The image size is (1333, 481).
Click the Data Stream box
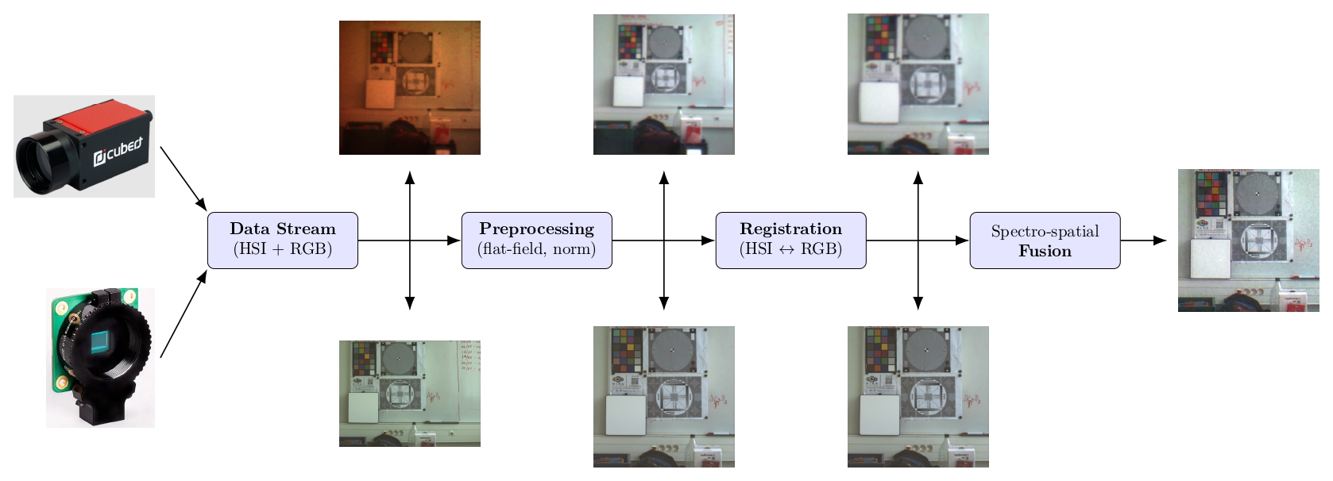click(x=283, y=240)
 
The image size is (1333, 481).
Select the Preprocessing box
click(x=536, y=240)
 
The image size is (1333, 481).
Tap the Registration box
click(x=790, y=240)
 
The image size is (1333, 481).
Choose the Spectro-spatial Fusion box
click(x=1045, y=240)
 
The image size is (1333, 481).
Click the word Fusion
click(x=1045, y=251)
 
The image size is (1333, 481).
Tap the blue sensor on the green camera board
click(x=101, y=341)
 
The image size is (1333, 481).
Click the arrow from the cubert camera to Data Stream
click(x=183, y=177)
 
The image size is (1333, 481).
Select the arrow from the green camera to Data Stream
click(x=183, y=314)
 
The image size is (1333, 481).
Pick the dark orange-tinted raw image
click(x=409, y=87)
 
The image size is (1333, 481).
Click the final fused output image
click(x=1248, y=240)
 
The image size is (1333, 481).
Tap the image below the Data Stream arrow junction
click(x=409, y=394)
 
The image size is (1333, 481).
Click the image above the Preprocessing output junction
click(x=663, y=84)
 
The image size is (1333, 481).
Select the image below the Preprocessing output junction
click(x=663, y=396)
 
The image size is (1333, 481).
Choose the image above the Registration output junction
click(x=918, y=84)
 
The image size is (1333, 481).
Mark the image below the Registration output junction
click(x=918, y=396)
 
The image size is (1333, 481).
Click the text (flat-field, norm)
click(x=536, y=249)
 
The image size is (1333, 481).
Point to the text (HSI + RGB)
click(x=283, y=249)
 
